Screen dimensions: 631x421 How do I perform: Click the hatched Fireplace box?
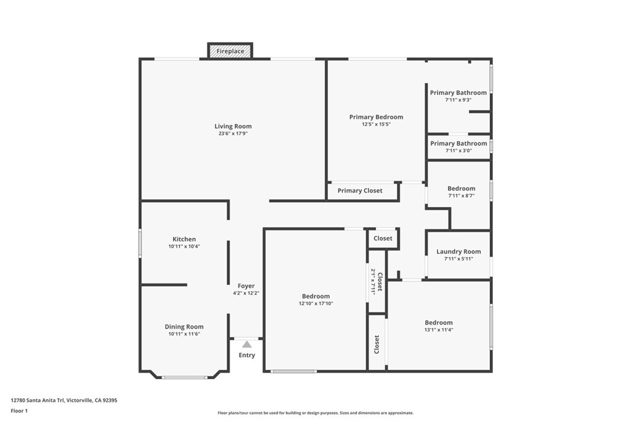coord(230,51)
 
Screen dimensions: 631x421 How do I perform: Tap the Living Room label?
coord(233,126)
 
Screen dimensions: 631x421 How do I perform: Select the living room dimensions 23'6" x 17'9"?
coord(233,133)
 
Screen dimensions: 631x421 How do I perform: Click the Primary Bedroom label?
coord(377,117)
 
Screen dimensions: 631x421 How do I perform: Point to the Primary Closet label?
coord(360,191)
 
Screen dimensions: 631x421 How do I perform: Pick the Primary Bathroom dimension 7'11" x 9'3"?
coord(458,100)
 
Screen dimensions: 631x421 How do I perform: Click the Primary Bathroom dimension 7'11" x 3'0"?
coord(458,150)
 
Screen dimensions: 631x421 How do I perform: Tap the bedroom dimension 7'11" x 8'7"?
coord(462,195)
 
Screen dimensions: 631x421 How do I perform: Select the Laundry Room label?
coord(458,251)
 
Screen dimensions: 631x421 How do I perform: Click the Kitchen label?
coord(184,239)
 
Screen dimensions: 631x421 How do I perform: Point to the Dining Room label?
coord(184,327)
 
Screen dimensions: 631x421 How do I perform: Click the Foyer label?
coord(246,286)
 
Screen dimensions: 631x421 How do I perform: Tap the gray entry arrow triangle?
coord(246,345)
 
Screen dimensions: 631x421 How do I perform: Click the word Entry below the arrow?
coord(246,355)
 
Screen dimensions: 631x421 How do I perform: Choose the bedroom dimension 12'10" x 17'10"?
coord(316,303)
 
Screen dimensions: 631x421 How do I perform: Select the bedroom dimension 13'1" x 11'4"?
coord(439,330)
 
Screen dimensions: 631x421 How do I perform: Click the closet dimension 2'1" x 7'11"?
coord(373,282)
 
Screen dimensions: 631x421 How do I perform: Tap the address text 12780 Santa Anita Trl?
coord(38,401)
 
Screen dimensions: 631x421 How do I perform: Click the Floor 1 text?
coord(19,411)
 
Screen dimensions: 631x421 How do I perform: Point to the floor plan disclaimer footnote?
coord(315,413)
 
